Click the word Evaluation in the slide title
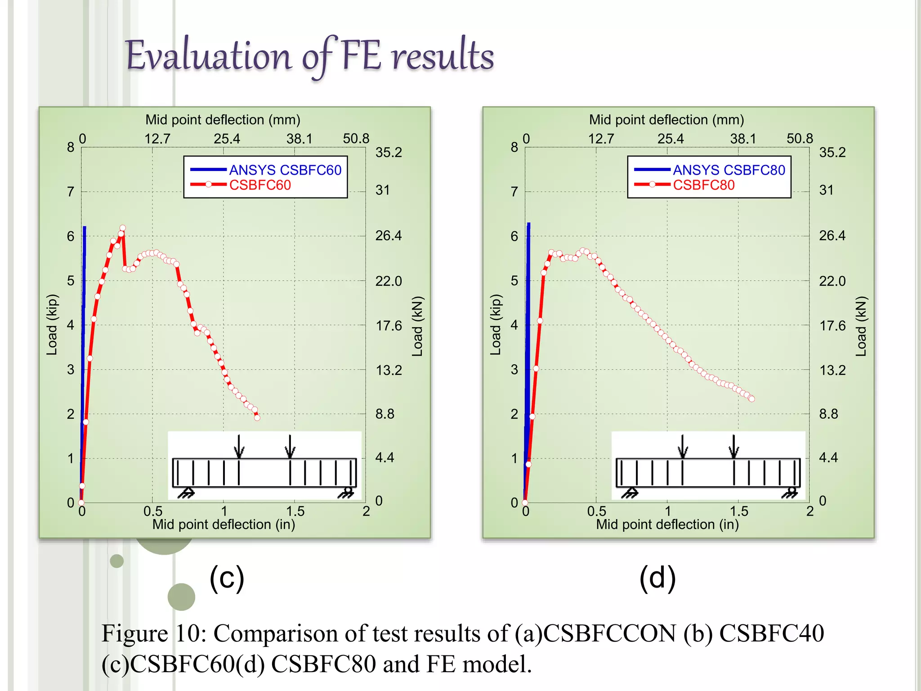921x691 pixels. [x=209, y=57]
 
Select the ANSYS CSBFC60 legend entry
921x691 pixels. [x=285, y=170]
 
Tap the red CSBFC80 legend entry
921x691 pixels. [x=703, y=185]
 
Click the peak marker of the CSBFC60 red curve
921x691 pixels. [x=123, y=228]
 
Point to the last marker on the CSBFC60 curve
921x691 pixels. [x=257, y=417]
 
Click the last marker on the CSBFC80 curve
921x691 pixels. [x=752, y=399]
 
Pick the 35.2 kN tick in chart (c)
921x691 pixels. [x=389, y=153]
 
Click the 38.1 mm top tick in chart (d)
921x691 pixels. [x=743, y=139]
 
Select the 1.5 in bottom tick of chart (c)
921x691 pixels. [x=295, y=511]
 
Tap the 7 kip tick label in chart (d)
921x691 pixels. [x=514, y=192]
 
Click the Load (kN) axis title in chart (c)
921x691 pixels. [x=418, y=326]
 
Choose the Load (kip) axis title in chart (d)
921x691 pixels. [x=495, y=325]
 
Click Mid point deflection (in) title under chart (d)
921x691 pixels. [x=667, y=525]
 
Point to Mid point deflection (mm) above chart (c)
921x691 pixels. [x=223, y=120]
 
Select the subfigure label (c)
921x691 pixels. [x=227, y=578]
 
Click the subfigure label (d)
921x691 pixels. [x=657, y=578]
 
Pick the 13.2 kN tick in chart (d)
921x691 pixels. [x=832, y=370]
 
